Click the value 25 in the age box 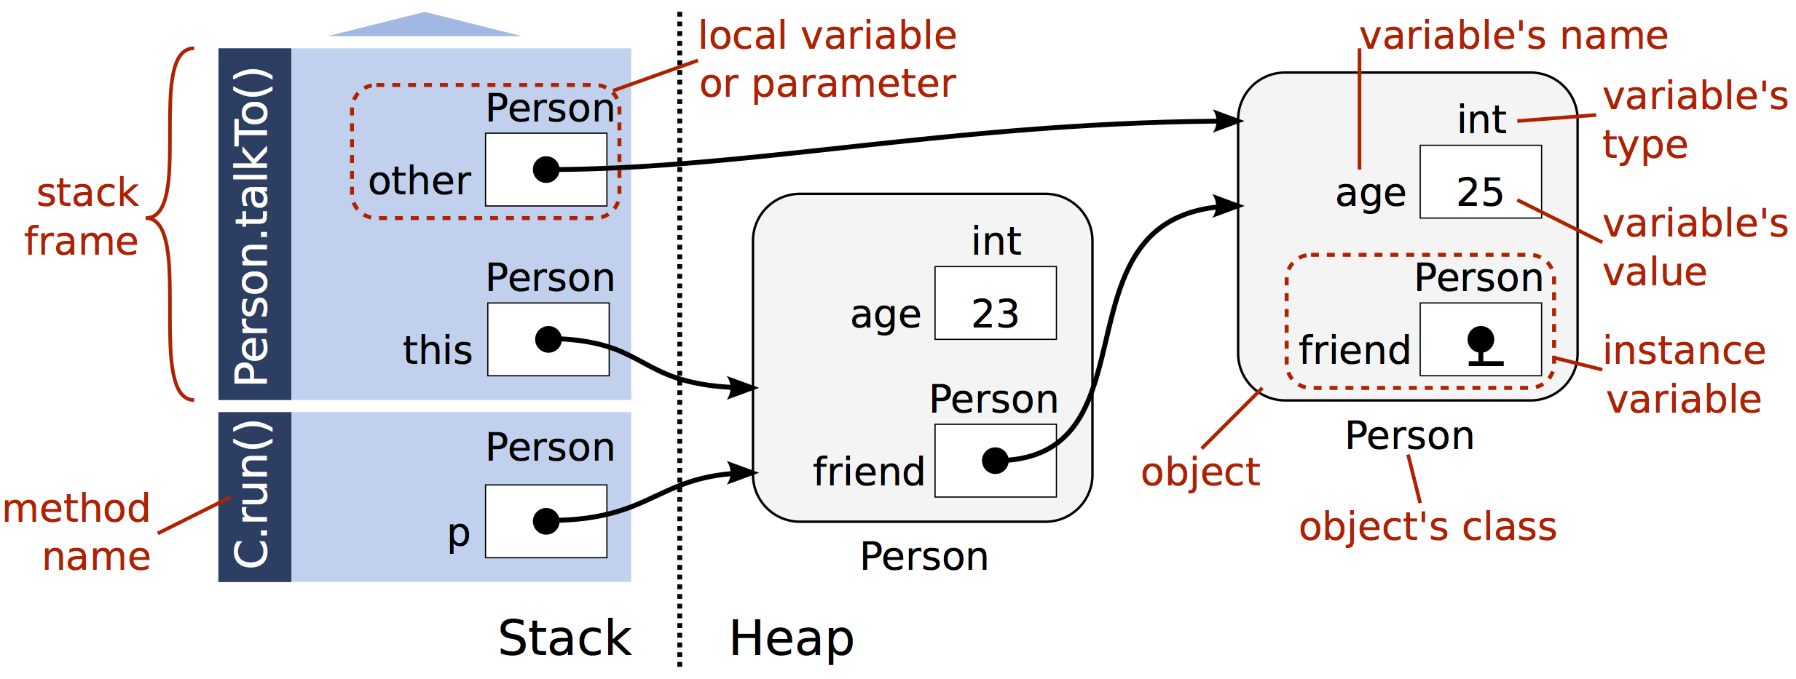(x=1479, y=192)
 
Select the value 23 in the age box (x=995, y=314)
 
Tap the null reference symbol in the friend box (x=1481, y=345)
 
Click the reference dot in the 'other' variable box (x=546, y=170)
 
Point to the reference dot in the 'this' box (x=548, y=339)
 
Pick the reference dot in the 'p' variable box (x=546, y=521)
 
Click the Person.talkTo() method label (x=253, y=226)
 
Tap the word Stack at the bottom (x=564, y=638)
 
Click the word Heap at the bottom (x=792, y=638)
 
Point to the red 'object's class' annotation (x=1427, y=527)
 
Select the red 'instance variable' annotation (x=1684, y=375)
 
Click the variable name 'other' (x=420, y=180)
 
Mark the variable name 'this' (x=437, y=350)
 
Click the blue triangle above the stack (x=425, y=25)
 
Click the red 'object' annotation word (x=1200, y=472)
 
